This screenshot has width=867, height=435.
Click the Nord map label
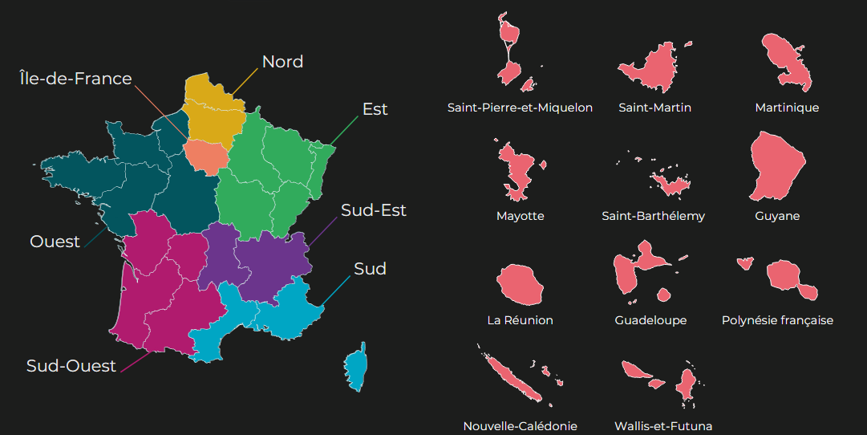click(x=282, y=62)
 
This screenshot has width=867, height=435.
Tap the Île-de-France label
click(x=75, y=79)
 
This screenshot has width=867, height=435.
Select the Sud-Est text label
click(x=374, y=210)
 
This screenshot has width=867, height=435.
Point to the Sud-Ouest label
click(x=71, y=366)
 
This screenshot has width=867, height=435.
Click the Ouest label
click(x=55, y=242)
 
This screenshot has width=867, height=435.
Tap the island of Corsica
click(x=356, y=368)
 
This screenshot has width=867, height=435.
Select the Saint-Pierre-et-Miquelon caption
click(x=520, y=108)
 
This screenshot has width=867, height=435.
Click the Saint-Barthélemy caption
click(x=653, y=216)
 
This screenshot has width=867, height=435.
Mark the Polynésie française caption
click(x=777, y=320)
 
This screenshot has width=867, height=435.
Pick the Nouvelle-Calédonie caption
click(x=520, y=426)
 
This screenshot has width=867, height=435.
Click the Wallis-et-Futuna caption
click(x=663, y=426)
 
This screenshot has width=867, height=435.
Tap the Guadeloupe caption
click(x=650, y=320)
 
